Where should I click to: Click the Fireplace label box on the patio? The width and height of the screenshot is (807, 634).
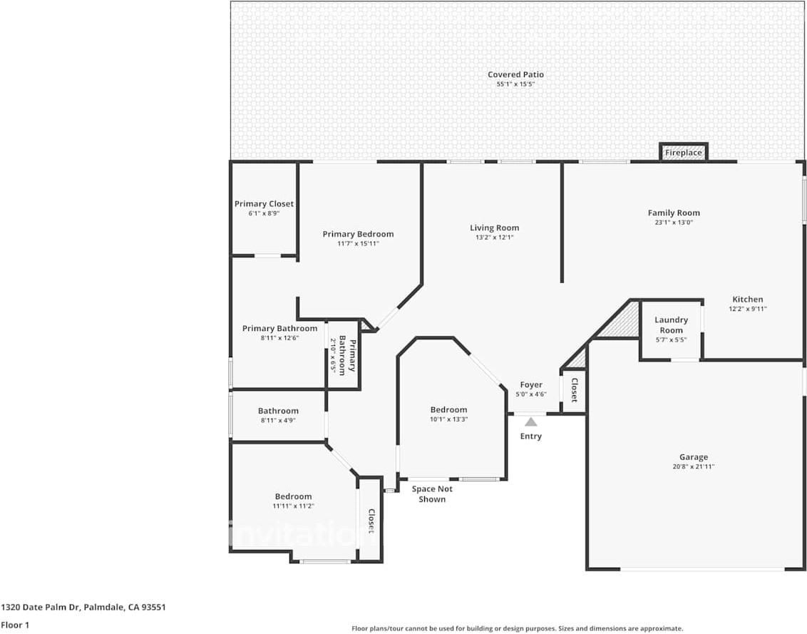[683, 153]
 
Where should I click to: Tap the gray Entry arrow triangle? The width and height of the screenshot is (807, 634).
[531, 422]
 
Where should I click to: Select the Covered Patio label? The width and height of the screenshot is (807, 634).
[515, 74]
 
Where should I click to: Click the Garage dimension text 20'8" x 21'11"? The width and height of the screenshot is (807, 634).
[693, 466]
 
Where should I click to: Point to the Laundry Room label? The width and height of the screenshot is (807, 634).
[671, 325]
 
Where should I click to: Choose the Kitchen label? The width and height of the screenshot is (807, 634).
[747, 300]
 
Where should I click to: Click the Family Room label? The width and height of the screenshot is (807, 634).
[674, 213]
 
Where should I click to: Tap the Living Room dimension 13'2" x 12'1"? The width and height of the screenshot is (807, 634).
[494, 237]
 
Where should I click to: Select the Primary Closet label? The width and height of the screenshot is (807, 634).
[264, 204]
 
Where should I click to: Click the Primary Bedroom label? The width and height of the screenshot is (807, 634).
[358, 234]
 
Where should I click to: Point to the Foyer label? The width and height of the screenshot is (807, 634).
[530, 385]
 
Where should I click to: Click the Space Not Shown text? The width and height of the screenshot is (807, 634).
[432, 494]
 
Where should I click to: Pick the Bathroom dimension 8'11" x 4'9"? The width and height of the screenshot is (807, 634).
[278, 420]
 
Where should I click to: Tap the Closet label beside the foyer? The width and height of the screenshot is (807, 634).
[574, 390]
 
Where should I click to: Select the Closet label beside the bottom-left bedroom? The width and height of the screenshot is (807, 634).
[371, 521]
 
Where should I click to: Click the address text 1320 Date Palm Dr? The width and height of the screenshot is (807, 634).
[83, 608]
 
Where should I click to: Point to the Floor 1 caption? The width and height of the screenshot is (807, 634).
[16, 625]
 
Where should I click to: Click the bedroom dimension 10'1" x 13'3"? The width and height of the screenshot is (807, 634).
[448, 419]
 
